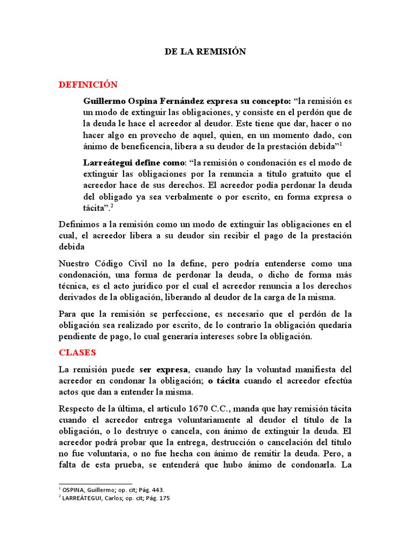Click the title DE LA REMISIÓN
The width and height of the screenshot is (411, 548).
204,52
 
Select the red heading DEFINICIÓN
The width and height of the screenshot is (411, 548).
88,85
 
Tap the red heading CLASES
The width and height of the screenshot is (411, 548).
77,353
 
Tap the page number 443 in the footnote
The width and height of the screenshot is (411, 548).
157,490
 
